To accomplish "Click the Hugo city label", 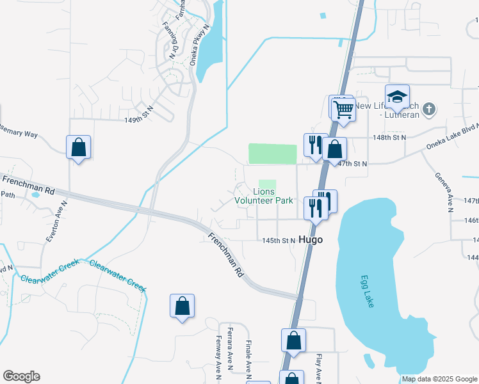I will pyautogui.click(x=309, y=239).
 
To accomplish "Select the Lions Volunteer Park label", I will pyautogui.click(x=264, y=196).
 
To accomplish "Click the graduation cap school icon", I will pyautogui.click(x=398, y=97).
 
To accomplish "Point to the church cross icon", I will pyautogui.click(x=430, y=109).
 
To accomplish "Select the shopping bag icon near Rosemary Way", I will pyautogui.click(x=78, y=147).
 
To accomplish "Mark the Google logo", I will pyautogui.click(x=21, y=376).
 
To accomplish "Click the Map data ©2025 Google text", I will pyautogui.click(x=439, y=379).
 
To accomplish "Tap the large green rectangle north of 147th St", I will pyautogui.click(x=272, y=154).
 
